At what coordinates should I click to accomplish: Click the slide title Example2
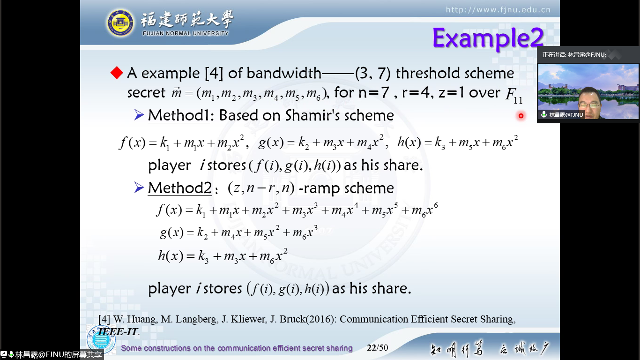coord(488,38)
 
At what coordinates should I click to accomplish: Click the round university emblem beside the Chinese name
coord(120,23)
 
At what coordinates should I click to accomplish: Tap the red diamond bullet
coord(117,73)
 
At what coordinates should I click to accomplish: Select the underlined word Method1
coord(179,115)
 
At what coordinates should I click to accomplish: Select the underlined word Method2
coord(180,188)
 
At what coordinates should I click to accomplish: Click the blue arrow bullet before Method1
coord(139,115)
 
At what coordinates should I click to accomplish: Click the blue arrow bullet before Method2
coord(139,187)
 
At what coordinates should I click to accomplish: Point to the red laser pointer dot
coord(521,116)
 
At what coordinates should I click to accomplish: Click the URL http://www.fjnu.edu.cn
coord(498,10)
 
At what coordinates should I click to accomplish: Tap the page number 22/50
coord(378,347)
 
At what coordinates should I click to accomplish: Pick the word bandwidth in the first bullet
coord(284,73)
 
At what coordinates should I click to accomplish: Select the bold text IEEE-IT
coord(118,332)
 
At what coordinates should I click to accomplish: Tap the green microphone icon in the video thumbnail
coord(544,114)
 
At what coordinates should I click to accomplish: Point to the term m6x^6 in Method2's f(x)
coord(424,210)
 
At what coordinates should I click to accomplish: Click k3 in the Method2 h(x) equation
coord(203,256)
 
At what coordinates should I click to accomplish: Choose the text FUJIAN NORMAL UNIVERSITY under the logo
coord(186,33)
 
